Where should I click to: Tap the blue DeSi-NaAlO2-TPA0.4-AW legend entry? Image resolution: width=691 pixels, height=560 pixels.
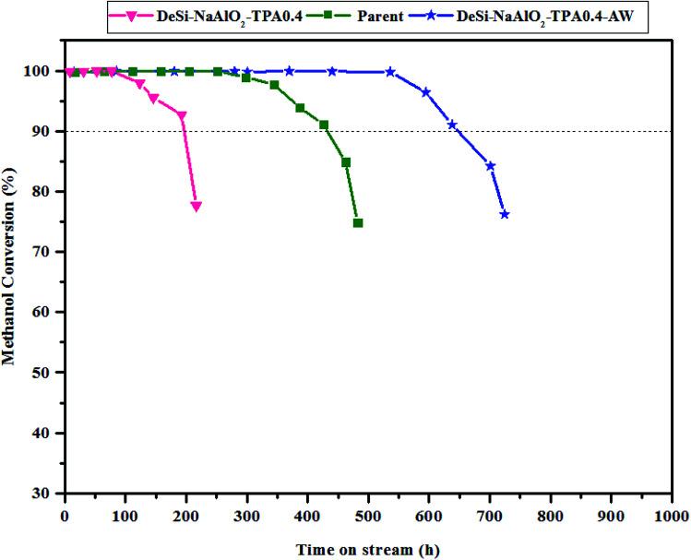coord(550,16)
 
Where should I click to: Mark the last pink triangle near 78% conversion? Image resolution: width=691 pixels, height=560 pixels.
coord(197,207)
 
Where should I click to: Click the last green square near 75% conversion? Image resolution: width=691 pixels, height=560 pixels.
coord(358,223)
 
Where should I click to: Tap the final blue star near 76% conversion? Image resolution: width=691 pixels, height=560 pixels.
coord(505,214)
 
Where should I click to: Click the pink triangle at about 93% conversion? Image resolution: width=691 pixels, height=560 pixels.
coord(182,116)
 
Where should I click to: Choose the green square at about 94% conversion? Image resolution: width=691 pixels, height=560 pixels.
coord(300,108)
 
